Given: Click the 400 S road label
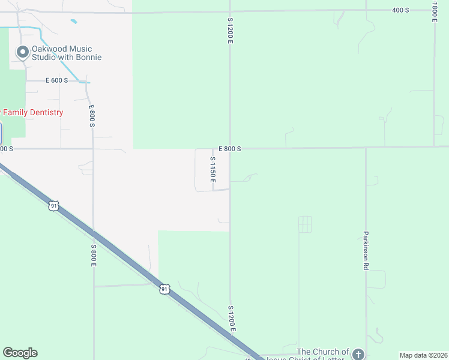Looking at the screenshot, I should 400,10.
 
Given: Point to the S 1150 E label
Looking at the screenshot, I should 212,170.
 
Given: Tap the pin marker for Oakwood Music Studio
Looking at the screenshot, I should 23,53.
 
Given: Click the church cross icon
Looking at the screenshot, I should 358,354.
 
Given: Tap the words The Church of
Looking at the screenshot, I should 323,352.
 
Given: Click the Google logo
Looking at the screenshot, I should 20,353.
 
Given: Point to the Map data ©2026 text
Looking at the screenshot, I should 423,355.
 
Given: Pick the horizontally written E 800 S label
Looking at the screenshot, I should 230,148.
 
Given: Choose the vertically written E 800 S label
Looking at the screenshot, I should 92,116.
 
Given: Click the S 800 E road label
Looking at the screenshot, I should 94,256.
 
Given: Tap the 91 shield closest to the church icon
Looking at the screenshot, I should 164,289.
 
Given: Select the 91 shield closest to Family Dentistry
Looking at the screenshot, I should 54,206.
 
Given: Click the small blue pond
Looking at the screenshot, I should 73,22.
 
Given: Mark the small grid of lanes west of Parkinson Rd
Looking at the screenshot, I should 305,224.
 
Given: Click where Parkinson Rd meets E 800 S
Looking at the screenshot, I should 366,148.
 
